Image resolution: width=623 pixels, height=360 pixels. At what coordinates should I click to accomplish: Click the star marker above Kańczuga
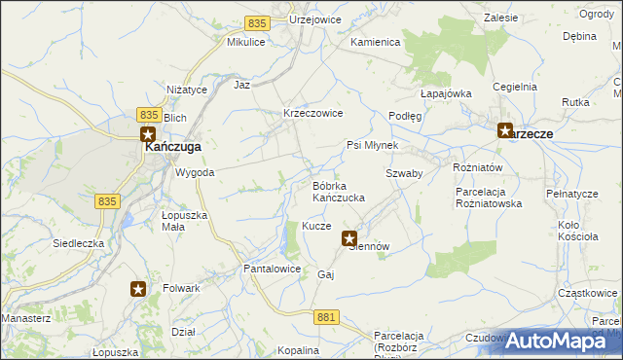[148, 135]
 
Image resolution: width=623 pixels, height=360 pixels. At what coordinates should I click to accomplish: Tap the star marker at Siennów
[349, 237]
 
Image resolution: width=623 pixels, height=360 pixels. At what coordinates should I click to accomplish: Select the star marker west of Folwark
[138, 288]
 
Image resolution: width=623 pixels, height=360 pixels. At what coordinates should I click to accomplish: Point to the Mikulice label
[246, 43]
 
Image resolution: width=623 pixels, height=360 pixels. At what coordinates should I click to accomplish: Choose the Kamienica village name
[376, 43]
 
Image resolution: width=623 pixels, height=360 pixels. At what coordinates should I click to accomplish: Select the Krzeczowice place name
[312, 113]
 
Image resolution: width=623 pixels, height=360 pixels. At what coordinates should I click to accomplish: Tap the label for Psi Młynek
[373, 145]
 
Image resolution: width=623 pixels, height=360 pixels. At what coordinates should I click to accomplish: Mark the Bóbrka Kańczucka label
[338, 192]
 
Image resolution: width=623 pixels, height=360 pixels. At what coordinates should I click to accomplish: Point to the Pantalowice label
[272, 268]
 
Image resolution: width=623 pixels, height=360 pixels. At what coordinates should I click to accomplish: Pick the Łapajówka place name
[446, 93]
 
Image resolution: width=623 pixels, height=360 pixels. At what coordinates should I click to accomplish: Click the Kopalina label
[298, 350]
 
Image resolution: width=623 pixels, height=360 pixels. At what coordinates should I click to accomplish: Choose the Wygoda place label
[194, 172]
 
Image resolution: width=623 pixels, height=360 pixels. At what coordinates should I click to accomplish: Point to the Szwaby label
[403, 172]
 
